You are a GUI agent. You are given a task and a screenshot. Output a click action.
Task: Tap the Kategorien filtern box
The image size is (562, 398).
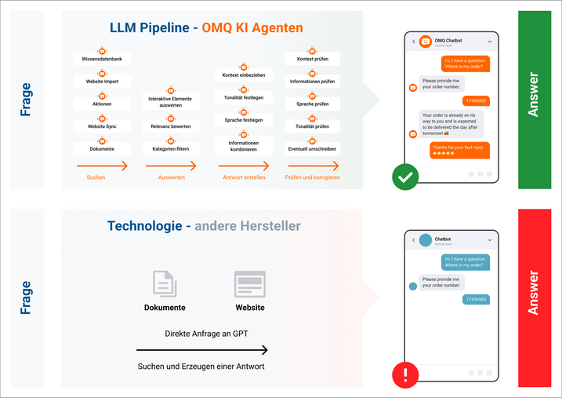coord(170,148)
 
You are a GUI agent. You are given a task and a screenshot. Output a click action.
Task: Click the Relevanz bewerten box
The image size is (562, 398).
coord(170,126)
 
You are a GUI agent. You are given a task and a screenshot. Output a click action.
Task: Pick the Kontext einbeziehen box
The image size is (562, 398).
coord(243,75)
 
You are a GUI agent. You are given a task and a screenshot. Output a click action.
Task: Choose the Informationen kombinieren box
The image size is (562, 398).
coord(243,145)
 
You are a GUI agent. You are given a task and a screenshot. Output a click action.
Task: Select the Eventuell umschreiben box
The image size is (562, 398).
coord(312,148)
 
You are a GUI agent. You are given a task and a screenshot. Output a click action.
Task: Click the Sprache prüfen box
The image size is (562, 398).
coord(312,104)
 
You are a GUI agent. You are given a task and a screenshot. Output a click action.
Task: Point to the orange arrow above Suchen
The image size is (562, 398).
coord(102,166)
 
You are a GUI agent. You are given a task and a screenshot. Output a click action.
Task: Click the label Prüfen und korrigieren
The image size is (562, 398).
coord(313,177)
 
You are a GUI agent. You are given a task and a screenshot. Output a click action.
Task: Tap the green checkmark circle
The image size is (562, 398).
coord(405,177)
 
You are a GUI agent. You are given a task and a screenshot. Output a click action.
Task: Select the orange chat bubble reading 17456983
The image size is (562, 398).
coord(476,100)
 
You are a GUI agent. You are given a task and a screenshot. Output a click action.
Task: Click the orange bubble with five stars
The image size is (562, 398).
coord(459,149)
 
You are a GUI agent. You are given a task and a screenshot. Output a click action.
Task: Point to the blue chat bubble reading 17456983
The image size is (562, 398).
coord(476,299)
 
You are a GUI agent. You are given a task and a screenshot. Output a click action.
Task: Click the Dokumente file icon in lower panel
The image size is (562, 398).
coord(165,284)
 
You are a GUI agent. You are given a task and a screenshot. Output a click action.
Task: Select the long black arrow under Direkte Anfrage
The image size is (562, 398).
coord(201,351)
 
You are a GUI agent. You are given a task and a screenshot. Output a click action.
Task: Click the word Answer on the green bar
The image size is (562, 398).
coord(534,95)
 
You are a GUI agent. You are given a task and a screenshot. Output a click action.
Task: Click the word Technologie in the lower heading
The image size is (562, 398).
coord(144,226)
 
